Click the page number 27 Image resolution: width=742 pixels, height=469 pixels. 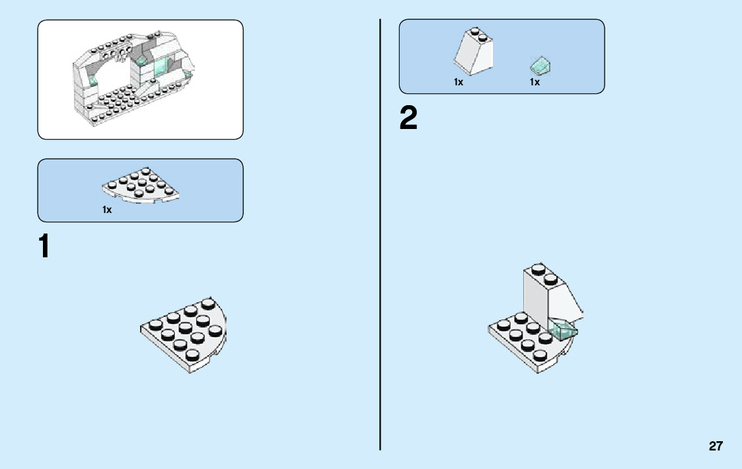click(716, 446)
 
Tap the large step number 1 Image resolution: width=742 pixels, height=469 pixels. click(44, 247)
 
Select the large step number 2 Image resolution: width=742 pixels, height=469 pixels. click(409, 119)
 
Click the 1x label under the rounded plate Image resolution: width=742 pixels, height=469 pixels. click(107, 210)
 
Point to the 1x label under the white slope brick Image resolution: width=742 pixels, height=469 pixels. click(459, 83)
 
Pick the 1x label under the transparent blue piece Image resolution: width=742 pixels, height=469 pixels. click(535, 83)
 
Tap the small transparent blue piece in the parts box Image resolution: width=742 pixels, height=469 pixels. click(540, 65)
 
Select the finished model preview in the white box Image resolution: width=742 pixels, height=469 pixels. click(140, 79)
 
